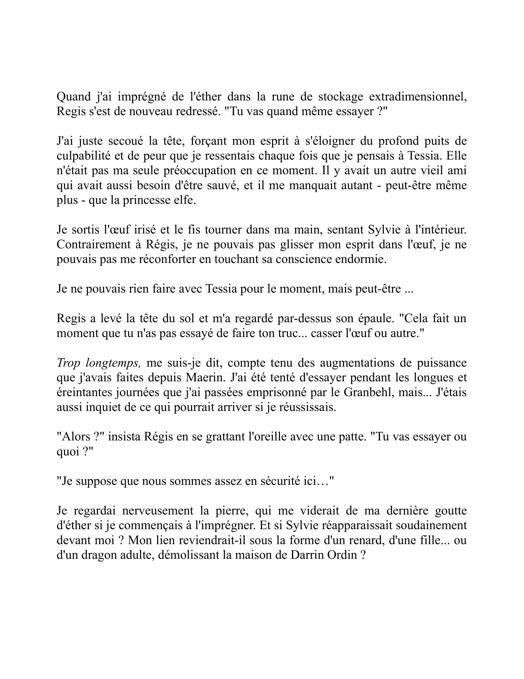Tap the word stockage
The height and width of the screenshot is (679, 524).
click(x=341, y=97)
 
